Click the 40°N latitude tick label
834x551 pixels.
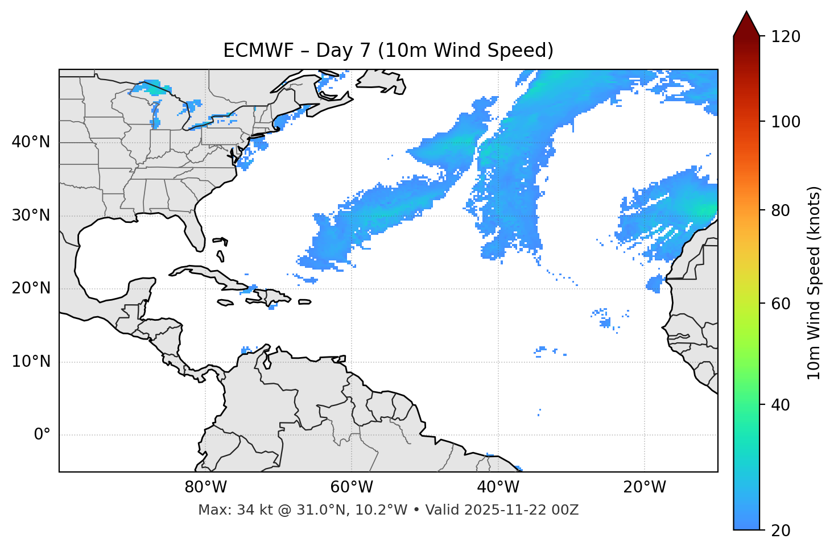(31, 142)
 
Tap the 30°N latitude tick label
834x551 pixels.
(31, 216)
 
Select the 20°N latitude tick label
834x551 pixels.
(31, 288)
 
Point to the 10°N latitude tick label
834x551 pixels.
(31, 362)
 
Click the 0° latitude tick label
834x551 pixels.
(42, 435)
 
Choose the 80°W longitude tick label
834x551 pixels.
(205, 487)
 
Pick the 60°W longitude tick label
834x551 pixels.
(352, 487)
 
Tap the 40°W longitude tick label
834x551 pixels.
(498, 487)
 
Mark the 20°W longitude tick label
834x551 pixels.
(644, 487)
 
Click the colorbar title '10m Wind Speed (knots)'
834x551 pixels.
(814, 283)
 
